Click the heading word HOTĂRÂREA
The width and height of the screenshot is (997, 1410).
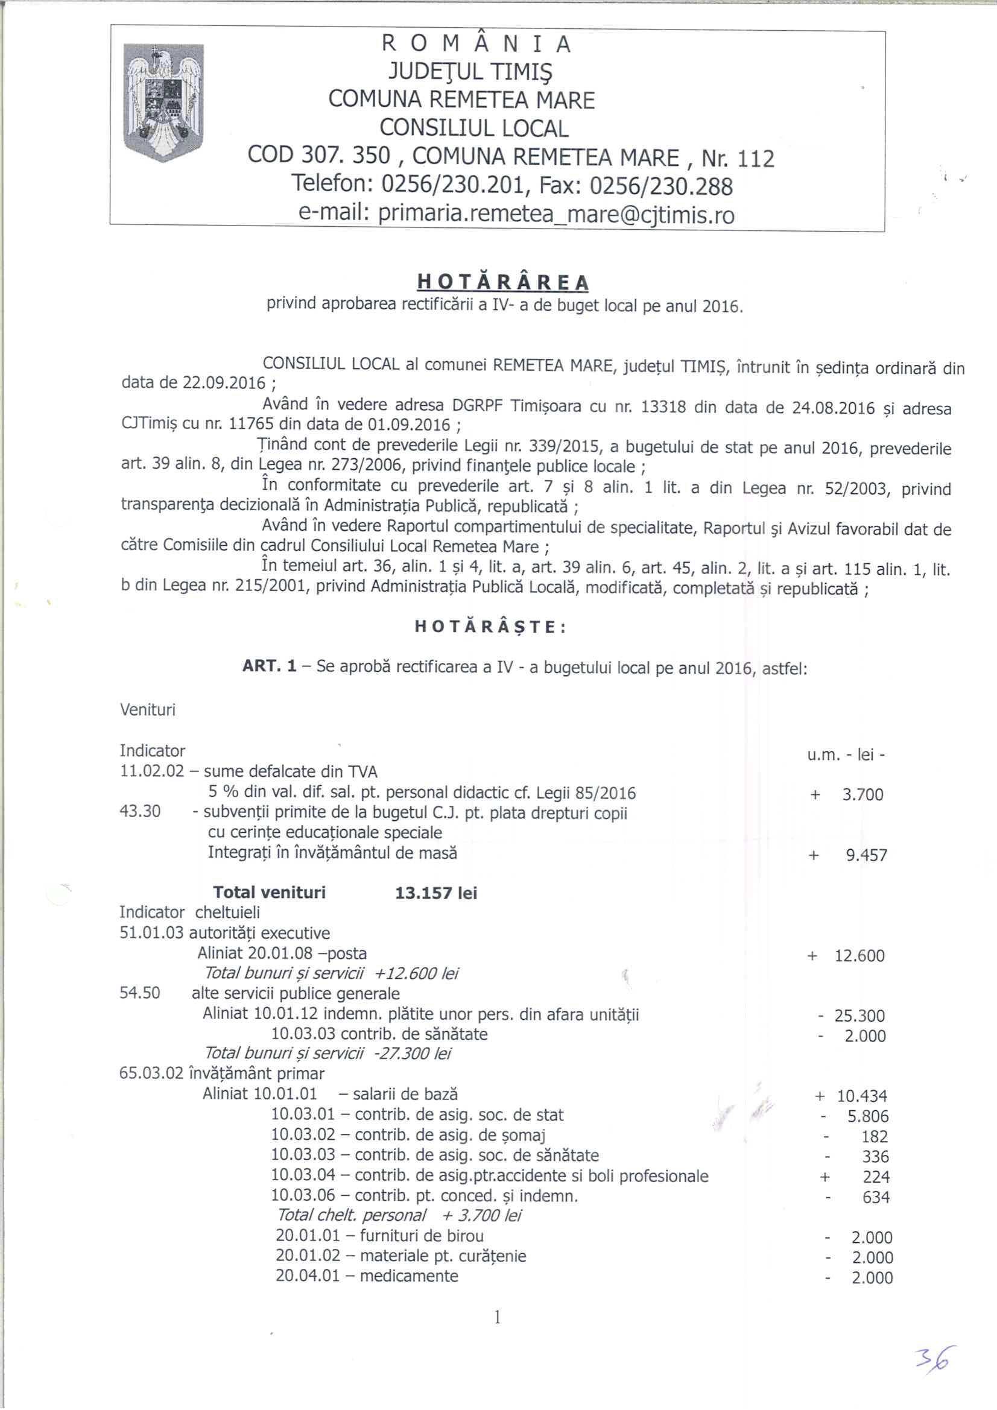click(x=502, y=282)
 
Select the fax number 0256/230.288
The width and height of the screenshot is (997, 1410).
click(x=660, y=186)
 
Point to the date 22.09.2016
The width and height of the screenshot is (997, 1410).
click(x=225, y=383)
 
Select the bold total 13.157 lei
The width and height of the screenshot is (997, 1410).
click(x=436, y=893)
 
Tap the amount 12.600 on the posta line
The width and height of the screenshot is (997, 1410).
click(x=859, y=955)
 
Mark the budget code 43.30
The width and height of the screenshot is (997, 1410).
click(x=140, y=812)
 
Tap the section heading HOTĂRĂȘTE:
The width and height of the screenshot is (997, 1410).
click(x=491, y=627)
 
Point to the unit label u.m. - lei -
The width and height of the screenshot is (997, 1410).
click(x=845, y=754)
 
